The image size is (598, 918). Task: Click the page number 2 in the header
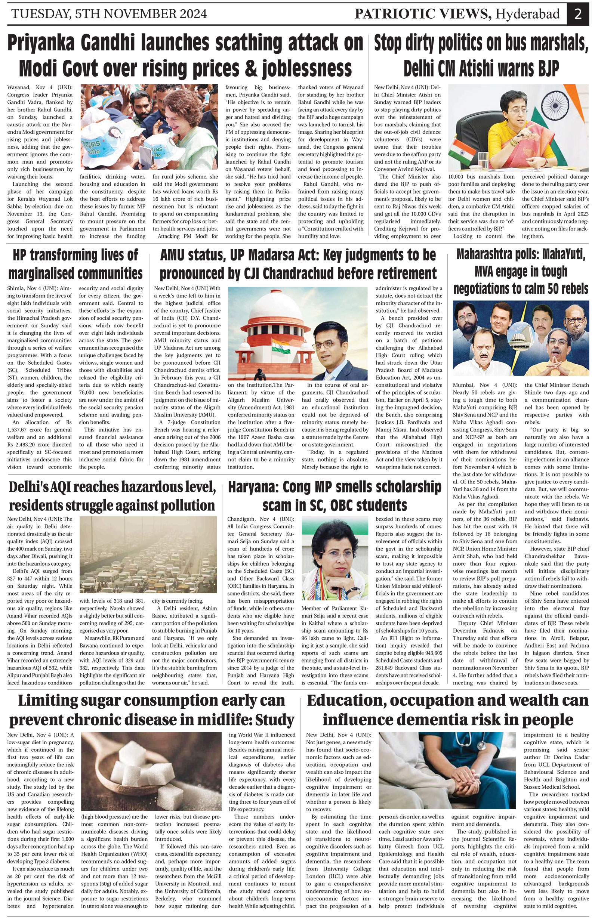click(577, 14)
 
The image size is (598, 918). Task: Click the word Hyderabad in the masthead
click(527, 14)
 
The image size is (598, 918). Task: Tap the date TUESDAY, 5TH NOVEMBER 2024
click(109, 14)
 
